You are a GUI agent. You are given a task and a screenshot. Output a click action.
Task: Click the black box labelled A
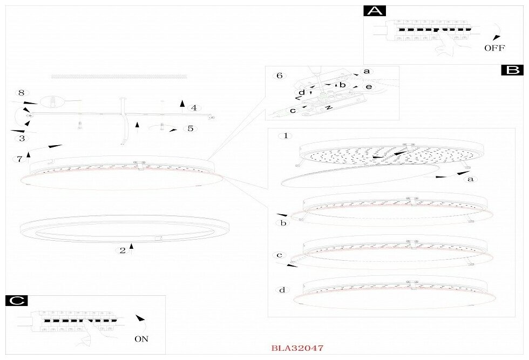(x=375, y=11)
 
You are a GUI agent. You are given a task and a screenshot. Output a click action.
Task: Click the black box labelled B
(x=513, y=70)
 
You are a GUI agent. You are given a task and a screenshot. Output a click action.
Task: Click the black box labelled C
(x=17, y=301)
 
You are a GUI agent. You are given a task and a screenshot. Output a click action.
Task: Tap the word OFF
(x=494, y=48)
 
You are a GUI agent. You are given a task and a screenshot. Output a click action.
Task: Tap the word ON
(x=141, y=339)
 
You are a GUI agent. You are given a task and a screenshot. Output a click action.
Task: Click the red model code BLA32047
(x=297, y=348)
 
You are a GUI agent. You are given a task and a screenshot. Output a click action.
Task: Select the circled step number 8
(x=22, y=93)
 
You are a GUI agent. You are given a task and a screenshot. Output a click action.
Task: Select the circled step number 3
(x=22, y=138)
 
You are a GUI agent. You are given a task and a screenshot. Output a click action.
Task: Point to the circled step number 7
(x=19, y=159)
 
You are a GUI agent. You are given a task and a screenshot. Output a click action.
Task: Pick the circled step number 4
(x=194, y=108)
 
